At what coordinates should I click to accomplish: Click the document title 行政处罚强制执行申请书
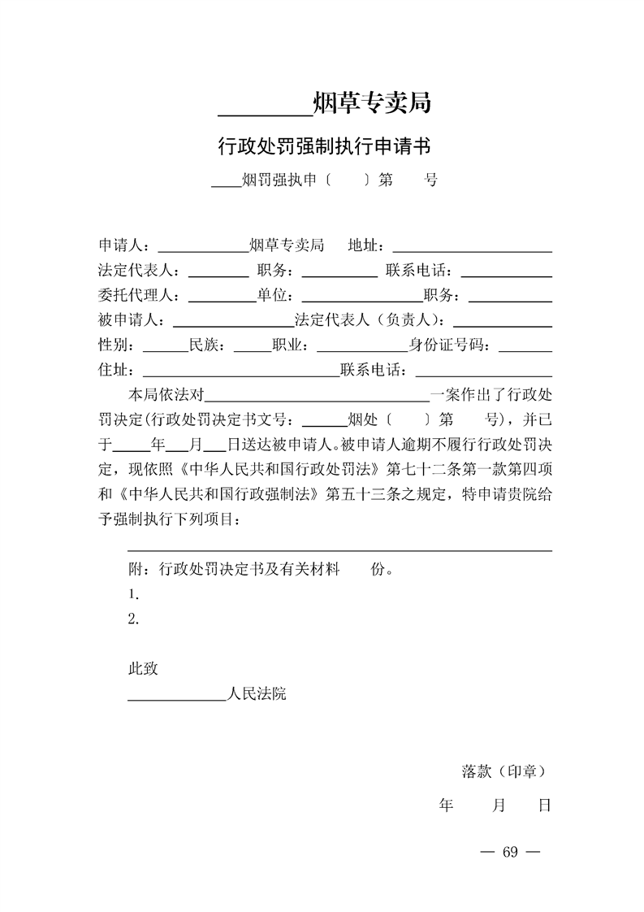(x=323, y=146)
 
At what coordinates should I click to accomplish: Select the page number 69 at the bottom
(x=510, y=852)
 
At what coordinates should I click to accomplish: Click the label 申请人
(x=120, y=245)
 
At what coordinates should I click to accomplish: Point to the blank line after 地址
(x=472, y=247)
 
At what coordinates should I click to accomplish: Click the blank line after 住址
(x=240, y=373)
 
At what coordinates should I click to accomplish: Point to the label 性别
(x=113, y=345)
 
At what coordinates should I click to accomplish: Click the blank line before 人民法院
(x=177, y=697)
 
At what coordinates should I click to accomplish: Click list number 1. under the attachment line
(x=134, y=594)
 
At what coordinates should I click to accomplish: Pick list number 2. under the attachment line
(x=134, y=619)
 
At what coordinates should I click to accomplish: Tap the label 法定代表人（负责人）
(x=370, y=320)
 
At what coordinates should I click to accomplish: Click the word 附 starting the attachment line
(x=136, y=568)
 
